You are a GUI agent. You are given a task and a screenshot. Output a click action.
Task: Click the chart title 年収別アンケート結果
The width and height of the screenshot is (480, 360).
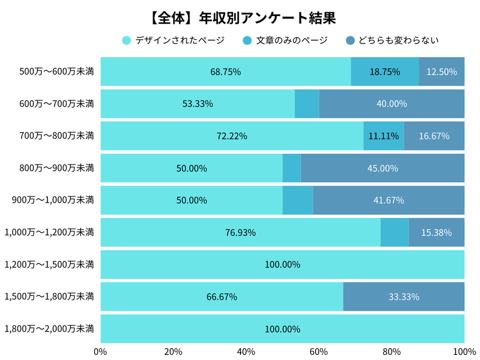[x=240, y=18]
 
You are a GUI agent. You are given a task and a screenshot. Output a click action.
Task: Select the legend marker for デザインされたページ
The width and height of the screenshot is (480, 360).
[x=127, y=40]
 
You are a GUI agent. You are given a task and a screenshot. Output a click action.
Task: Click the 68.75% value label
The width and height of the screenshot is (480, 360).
[x=225, y=72]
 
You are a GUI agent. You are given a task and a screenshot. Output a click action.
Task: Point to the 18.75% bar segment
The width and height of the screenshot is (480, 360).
[x=385, y=72]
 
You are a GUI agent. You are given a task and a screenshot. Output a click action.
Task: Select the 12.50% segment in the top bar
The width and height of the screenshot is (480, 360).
[x=442, y=72]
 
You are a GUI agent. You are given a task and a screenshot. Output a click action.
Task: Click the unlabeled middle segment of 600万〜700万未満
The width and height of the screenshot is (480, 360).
[x=306, y=104]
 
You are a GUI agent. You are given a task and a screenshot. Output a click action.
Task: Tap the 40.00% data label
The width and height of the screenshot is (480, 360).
[x=392, y=104]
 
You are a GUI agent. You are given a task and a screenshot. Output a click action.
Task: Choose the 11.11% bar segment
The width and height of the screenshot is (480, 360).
[x=383, y=136]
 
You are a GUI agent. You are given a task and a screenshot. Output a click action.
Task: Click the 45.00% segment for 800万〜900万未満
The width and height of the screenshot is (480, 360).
[x=382, y=168]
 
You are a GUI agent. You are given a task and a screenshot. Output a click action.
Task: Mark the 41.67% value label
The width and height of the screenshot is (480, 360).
[x=388, y=200]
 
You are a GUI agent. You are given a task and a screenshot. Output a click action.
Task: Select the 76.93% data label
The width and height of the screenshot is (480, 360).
[x=241, y=232]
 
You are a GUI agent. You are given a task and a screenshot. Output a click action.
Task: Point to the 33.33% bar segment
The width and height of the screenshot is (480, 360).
[x=404, y=297]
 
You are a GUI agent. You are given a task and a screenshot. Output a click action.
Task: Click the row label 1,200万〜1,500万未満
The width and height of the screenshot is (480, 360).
[x=49, y=265]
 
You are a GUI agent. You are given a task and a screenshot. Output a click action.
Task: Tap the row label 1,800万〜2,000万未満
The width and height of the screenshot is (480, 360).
[x=49, y=328]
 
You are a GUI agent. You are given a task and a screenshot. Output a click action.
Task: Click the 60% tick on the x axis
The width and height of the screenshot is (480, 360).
[x=319, y=352]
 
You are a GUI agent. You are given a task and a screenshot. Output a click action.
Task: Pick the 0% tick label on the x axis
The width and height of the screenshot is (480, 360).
[x=101, y=352]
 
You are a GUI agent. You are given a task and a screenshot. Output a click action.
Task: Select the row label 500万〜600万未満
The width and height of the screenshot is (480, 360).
[x=56, y=72]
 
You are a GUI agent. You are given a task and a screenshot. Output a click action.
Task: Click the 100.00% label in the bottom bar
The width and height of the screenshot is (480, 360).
[x=282, y=329]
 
